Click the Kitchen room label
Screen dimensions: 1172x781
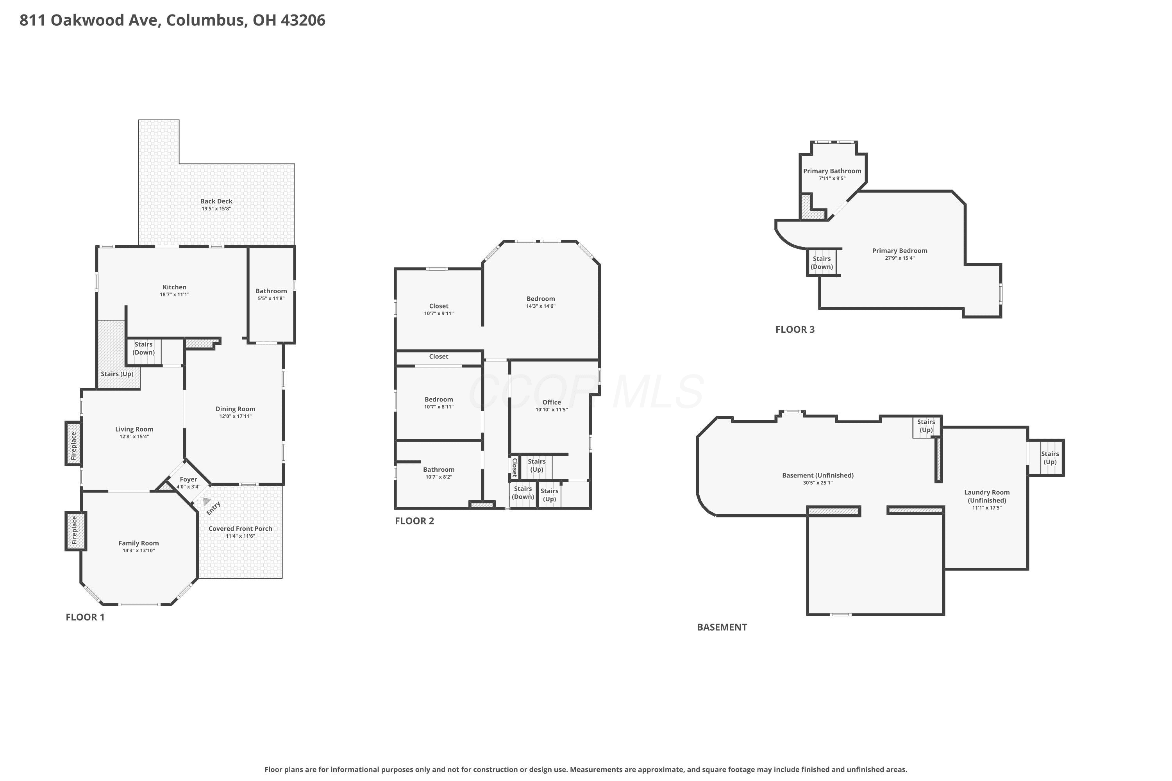(x=174, y=287)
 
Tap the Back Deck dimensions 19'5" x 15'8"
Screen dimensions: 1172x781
(x=216, y=209)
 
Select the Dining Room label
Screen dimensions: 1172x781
(x=235, y=409)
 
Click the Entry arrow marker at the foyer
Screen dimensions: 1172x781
(x=206, y=501)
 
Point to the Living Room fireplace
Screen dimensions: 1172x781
(x=74, y=444)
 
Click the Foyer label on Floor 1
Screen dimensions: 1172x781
(x=188, y=479)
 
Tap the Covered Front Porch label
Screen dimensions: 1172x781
(x=240, y=528)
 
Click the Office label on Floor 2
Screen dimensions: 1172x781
(x=552, y=402)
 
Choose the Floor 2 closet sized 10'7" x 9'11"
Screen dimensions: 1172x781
(x=438, y=309)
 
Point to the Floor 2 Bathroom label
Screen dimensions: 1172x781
(x=438, y=469)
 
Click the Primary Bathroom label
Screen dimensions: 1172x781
(x=832, y=171)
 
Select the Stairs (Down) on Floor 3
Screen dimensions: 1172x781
(x=822, y=262)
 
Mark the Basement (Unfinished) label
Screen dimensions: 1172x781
(x=818, y=475)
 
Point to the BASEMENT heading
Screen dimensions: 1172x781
(x=722, y=627)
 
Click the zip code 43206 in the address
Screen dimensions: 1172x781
(x=303, y=20)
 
